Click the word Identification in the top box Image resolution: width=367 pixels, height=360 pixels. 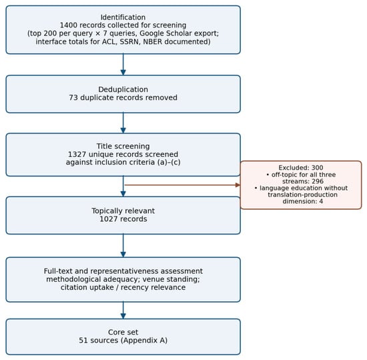coord(123,17)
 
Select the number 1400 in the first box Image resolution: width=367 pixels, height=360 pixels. coord(68,25)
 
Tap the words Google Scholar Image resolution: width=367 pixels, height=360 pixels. coord(164,33)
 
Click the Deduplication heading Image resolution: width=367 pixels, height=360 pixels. coord(123,89)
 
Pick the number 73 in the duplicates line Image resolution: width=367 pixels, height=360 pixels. coord(73,98)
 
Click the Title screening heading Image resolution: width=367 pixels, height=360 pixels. coord(123,146)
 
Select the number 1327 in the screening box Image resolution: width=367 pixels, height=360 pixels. coord(76,154)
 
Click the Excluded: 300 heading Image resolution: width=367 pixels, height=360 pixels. coord(301,168)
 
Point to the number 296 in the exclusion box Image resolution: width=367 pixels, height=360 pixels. coord(318,181)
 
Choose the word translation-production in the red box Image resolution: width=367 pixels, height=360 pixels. coord(303,194)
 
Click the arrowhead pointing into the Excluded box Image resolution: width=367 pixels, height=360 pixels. coord(238,185)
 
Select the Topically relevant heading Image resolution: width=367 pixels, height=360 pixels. coord(123,211)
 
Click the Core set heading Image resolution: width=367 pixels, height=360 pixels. coord(123,332)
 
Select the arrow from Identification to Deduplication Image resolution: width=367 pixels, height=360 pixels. coord(123,64)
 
